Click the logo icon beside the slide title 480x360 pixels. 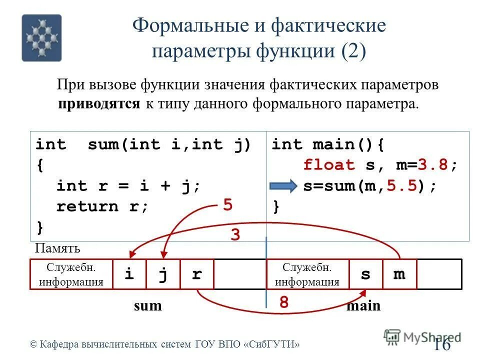[41, 37]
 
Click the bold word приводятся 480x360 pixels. [99, 104]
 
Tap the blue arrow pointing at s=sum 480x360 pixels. [283, 186]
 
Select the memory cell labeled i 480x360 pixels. [129, 274]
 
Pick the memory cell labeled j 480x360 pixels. [162, 274]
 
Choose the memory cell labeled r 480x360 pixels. [196, 274]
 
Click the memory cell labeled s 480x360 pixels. [365, 274]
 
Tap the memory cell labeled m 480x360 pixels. [399, 274]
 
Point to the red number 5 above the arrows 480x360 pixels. [228, 206]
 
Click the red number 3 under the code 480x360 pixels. [235, 235]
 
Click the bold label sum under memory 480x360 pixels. [148, 305]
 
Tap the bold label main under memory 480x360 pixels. [363, 305]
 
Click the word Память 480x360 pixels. [58, 248]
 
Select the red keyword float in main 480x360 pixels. [329, 165]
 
